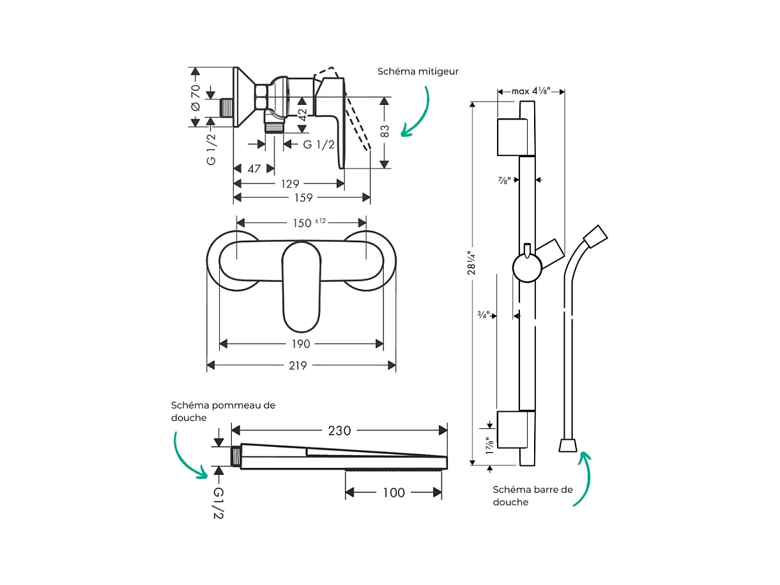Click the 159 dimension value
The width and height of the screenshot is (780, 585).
click(303, 198)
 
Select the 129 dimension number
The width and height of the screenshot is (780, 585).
click(289, 183)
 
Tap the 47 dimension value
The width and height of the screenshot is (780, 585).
click(254, 169)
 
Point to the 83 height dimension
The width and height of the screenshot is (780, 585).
click(385, 131)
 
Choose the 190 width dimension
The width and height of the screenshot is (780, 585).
click(300, 344)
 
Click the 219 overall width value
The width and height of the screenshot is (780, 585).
click(298, 366)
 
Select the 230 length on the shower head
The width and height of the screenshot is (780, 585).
click(339, 431)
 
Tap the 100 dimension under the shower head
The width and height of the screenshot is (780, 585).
click(394, 492)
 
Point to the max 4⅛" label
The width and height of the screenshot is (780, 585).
click(530, 91)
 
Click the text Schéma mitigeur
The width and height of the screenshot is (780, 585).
click(418, 72)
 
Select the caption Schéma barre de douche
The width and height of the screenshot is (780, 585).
click(532, 495)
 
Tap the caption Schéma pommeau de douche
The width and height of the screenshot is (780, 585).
click(222, 411)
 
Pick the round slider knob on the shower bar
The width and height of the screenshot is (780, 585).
click(527, 267)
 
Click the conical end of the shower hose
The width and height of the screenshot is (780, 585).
click(567, 445)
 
